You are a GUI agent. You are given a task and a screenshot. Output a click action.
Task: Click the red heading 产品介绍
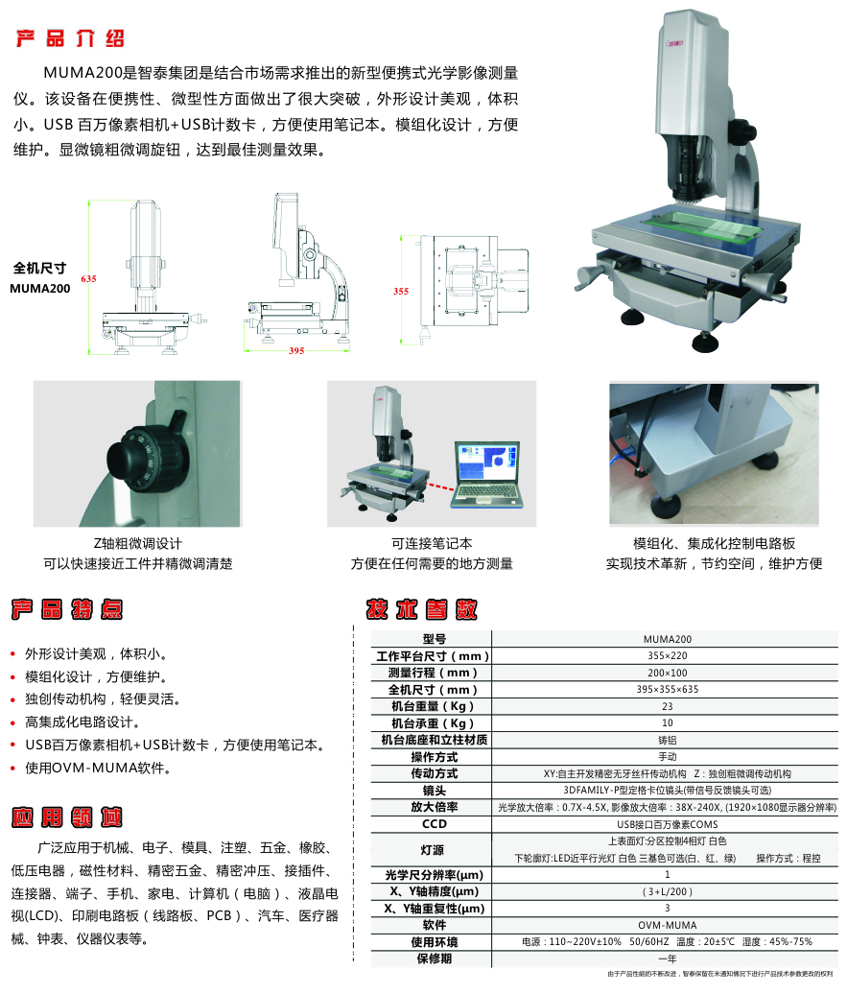[70, 39]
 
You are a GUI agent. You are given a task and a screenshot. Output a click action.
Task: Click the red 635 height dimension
[89, 278]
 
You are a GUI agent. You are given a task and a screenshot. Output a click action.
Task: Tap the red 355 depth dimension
[401, 291]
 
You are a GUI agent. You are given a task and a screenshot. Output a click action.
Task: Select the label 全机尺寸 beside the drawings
[39, 269]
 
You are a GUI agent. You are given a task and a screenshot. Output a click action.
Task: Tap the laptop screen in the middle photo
[487, 462]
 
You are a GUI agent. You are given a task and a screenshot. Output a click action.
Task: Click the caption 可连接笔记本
[432, 544]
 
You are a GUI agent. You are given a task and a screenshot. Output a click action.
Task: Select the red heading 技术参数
[421, 609]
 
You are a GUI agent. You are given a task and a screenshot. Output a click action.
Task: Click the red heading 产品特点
[66, 608]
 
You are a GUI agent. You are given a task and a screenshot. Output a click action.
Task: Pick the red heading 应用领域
[66, 817]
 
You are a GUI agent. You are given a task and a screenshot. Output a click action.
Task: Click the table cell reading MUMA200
[667, 639]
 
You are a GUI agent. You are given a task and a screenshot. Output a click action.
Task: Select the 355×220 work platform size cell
[667, 656]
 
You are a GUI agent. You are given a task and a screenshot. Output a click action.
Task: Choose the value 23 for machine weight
[667, 706]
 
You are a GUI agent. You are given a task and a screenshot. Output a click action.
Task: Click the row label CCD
[434, 823]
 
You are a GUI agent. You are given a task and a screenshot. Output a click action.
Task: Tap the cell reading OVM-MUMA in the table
[667, 925]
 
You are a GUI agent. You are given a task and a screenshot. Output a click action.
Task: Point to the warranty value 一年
[667, 958]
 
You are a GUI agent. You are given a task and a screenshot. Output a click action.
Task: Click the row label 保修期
[434, 958]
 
